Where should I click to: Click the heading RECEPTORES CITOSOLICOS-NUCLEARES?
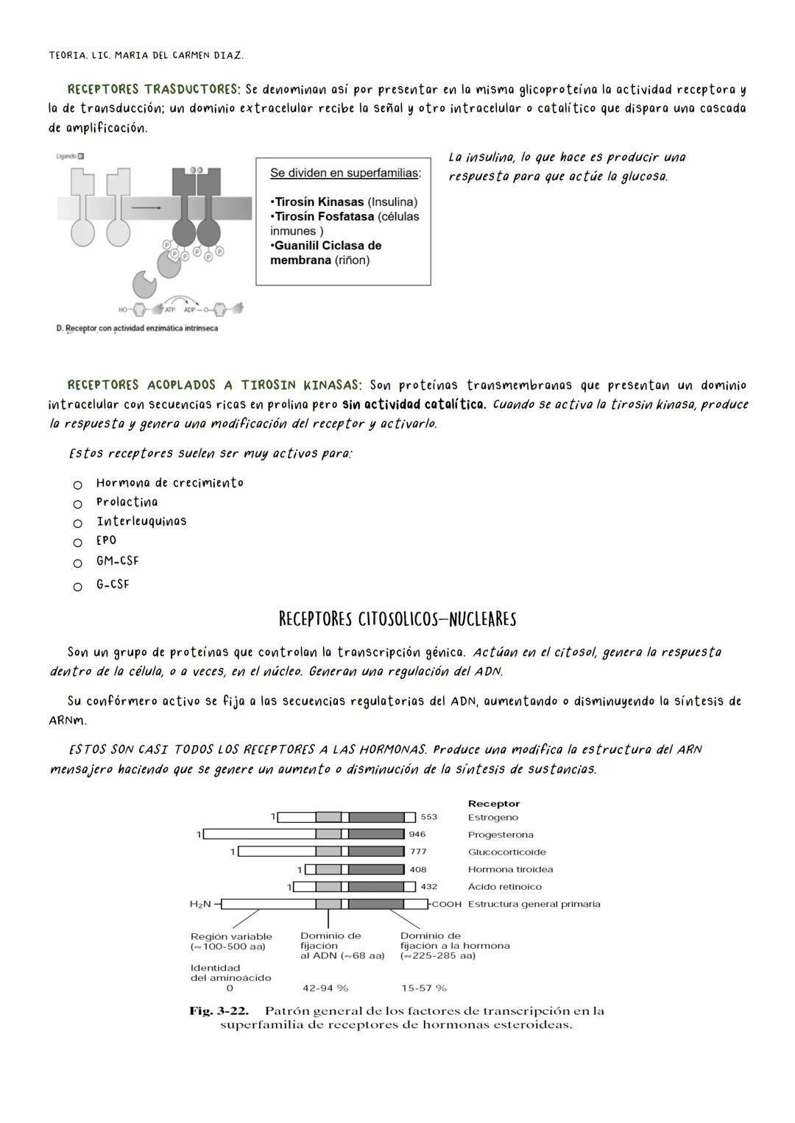pyautogui.click(x=397, y=619)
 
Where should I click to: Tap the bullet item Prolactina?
pyautogui.click(x=127, y=502)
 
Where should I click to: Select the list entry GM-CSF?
pyautogui.click(x=117, y=561)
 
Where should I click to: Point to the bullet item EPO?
pyautogui.click(x=106, y=541)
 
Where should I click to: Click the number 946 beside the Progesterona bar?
pyautogui.click(x=417, y=835)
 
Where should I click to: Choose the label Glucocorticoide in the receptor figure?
pyautogui.click(x=506, y=852)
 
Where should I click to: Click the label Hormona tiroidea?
pyautogui.click(x=510, y=869)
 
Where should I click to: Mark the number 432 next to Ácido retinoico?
pyautogui.click(x=428, y=887)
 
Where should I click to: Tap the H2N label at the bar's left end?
pyautogui.click(x=200, y=904)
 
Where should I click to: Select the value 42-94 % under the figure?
pyautogui.click(x=325, y=988)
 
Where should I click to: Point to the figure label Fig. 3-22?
pyautogui.click(x=219, y=1011)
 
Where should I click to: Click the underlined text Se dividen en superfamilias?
pyautogui.click(x=345, y=174)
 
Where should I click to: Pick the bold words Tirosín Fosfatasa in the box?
pyautogui.click(x=324, y=217)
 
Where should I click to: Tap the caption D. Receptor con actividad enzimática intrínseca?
pyautogui.click(x=137, y=328)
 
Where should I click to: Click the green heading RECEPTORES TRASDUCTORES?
pyautogui.click(x=153, y=90)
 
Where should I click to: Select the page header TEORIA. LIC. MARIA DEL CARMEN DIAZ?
pyautogui.click(x=146, y=55)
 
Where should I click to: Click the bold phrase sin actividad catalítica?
pyautogui.click(x=414, y=404)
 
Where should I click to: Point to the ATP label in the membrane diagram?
pyautogui.click(x=169, y=309)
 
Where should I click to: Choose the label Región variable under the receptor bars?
pyautogui.click(x=231, y=937)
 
